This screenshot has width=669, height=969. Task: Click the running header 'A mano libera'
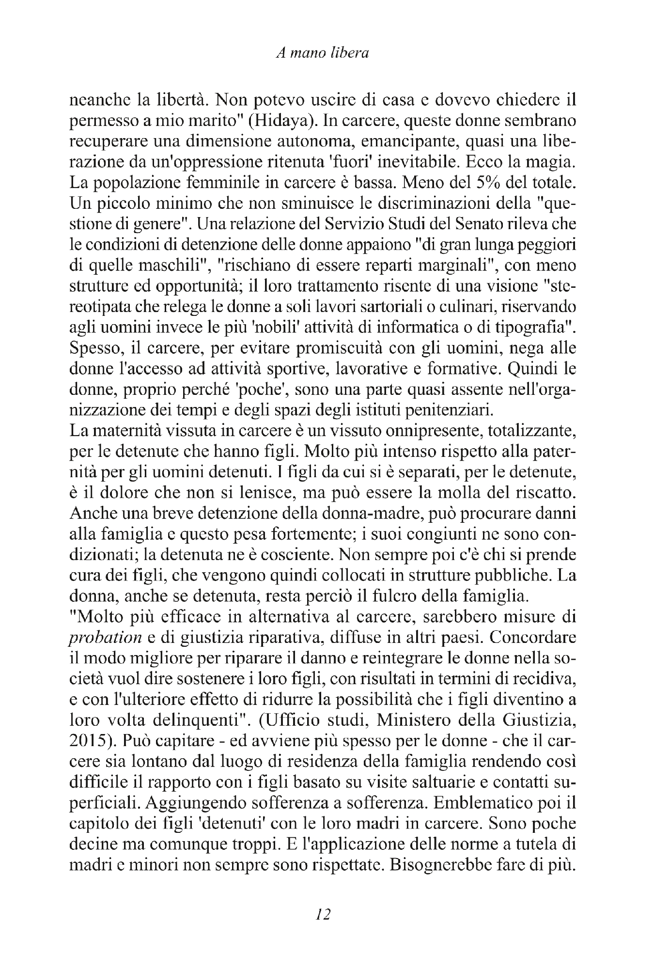tap(322, 53)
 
